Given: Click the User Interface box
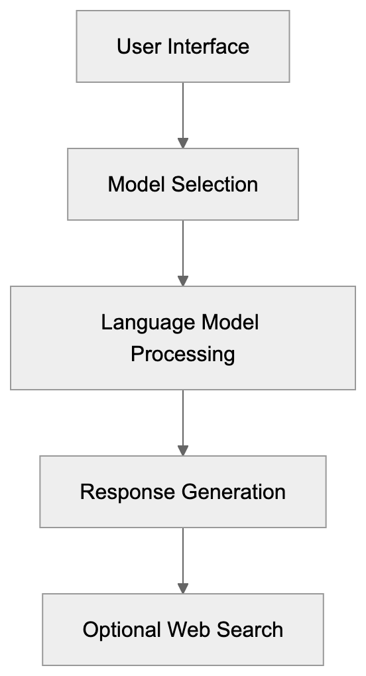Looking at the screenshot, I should click(183, 46).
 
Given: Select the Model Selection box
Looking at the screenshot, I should click(183, 184).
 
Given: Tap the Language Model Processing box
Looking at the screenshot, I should click(183, 338).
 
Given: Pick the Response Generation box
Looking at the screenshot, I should click(183, 492).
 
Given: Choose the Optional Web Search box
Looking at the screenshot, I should click(183, 630).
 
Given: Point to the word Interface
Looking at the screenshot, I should click(207, 47).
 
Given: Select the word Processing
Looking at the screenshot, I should click(183, 354).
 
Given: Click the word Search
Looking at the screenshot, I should click(251, 630).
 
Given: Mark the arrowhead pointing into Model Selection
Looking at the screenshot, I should click(183, 143).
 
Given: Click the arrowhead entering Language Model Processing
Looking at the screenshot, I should click(183, 281).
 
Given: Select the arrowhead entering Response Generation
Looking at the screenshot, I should click(183, 451).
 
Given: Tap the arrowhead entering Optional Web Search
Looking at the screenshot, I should click(183, 589).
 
